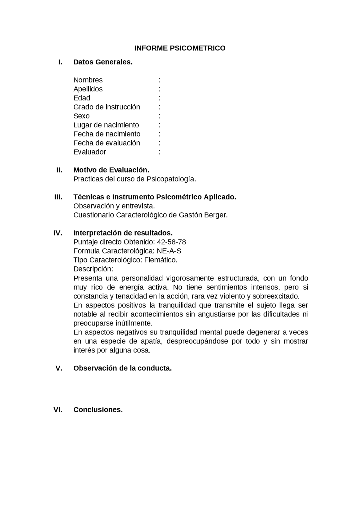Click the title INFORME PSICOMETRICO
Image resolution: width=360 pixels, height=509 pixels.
tap(180, 48)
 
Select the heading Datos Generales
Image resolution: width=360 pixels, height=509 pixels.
tap(103, 62)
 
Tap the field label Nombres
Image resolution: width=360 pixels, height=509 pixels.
tap(88, 80)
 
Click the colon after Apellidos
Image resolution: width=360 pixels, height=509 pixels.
tap(159, 89)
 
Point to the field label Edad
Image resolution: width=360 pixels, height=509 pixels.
tap(82, 98)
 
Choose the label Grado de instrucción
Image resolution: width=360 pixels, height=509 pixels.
tap(107, 107)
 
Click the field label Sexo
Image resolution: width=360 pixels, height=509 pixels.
tap(81, 116)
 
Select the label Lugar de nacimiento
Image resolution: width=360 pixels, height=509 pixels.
tap(106, 125)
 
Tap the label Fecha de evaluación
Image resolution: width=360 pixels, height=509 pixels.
tap(107, 143)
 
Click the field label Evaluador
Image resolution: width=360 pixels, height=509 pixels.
tap(89, 152)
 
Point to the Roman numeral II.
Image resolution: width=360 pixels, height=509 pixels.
tap(59, 170)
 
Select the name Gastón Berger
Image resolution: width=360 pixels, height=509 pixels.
tap(203, 215)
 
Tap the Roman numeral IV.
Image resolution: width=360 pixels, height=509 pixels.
tap(58, 233)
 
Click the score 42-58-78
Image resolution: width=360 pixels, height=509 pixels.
tap(171, 242)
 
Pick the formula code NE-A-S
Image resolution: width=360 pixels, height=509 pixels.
tap(169, 251)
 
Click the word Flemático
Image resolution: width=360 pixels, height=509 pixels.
tap(161, 260)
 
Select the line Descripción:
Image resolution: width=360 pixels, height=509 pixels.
tap(93, 269)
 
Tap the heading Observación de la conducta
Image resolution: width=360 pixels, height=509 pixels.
tap(122, 368)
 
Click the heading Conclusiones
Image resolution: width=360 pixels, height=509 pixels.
tap(98, 410)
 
